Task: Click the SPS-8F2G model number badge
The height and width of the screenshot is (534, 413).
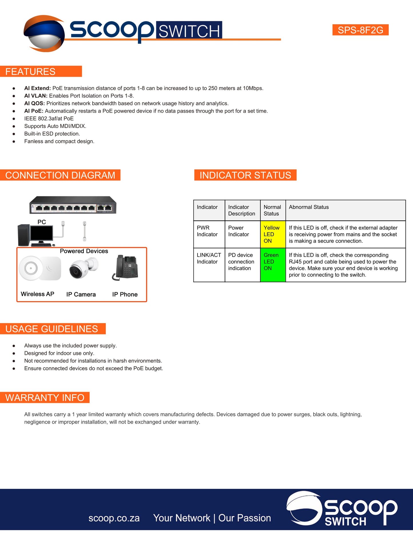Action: point(360,30)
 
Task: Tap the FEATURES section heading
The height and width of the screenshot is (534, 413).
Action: point(30,71)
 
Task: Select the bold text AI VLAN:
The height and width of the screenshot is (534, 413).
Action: point(36,96)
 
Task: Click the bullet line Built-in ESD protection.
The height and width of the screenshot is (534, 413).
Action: point(52,134)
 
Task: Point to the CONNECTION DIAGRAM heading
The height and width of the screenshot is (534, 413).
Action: point(60,175)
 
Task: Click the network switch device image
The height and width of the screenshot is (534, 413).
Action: point(73,205)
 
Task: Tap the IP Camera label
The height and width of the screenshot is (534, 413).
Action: point(81,294)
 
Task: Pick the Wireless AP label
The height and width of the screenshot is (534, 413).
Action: point(37,294)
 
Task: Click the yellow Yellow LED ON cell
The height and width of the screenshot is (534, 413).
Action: point(273,234)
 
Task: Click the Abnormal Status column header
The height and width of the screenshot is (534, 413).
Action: point(309,207)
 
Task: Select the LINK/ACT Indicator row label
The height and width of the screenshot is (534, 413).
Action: point(209,258)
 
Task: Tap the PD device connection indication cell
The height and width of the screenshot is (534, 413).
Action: point(241,262)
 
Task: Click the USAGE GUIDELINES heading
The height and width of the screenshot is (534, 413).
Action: point(51,329)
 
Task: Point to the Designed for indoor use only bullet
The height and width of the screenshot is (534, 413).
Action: point(59,353)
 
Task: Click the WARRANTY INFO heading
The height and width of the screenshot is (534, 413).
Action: point(45,398)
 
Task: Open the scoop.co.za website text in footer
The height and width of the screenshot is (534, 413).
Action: point(114,518)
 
